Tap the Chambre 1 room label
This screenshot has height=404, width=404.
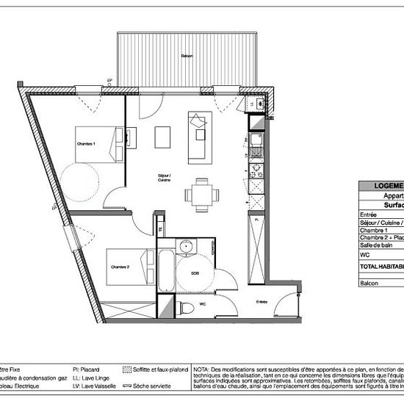pos(87,144)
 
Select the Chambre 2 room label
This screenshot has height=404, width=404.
pos(118,267)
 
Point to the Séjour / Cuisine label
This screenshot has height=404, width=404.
pos(165,178)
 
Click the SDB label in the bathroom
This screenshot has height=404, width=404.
pos(195,273)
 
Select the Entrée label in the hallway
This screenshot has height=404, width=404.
pos(261,301)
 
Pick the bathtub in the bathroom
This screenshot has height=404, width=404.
pos(167,273)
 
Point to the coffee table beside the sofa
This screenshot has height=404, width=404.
pos(164,137)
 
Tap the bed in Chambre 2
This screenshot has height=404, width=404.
pos(129,267)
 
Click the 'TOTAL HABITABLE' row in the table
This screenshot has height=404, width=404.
pos(381,265)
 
